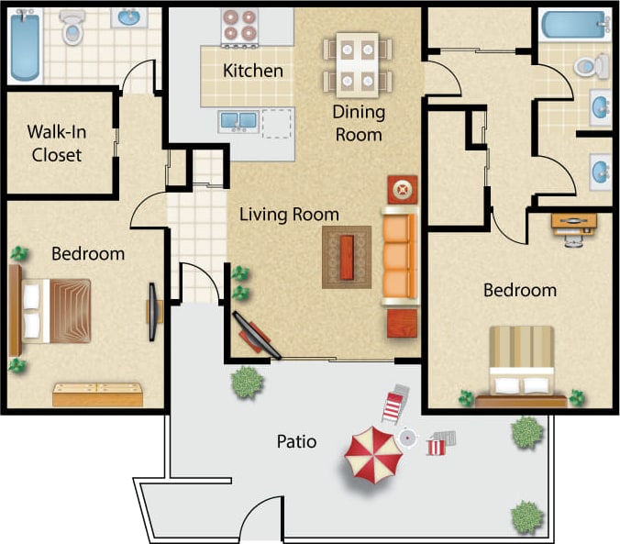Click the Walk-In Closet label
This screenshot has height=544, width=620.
pyautogui.click(x=56, y=142)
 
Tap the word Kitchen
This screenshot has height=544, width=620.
pyautogui.click(x=253, y=71)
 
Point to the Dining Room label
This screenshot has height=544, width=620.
pyautogui.click(x=359, y=123)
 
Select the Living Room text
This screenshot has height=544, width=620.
pyautogui.click(x=289, y=215)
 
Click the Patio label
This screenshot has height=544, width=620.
pyautogui.click(x=296, y=442)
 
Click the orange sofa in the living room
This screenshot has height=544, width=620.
pyautogui.click(x=399, y=256)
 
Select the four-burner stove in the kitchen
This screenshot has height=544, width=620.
pyautogui.click(x=239, y=27)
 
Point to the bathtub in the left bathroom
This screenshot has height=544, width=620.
pyautogui.click(x=21, y=45)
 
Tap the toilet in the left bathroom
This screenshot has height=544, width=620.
pyautogui.click(x=72, y=31)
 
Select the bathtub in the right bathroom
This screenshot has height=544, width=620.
pyautogui.click(x=573, y=25)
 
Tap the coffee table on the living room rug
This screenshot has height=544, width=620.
pyautogui.click(x=347, y=257)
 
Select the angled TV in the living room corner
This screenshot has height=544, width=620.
pyautogui.click(x=256, y=334)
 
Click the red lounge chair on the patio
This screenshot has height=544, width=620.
pyautogui.click(x=395, y=405)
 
